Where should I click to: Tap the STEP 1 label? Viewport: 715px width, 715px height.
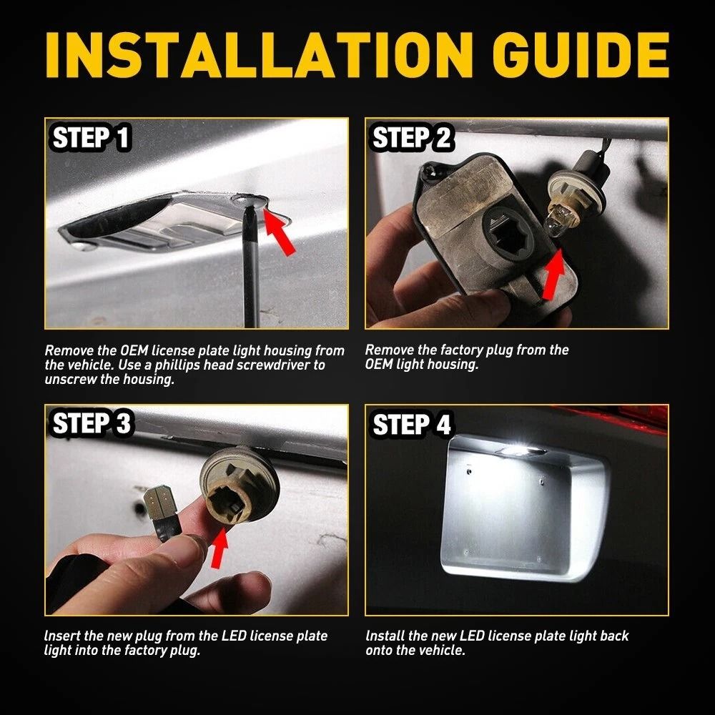[x=92, y=139]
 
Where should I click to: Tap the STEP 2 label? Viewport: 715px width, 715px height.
[x=412, y=139]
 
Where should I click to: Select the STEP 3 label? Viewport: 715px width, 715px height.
[x=92, y=424]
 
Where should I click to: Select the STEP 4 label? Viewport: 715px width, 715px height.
[x=412, y=425]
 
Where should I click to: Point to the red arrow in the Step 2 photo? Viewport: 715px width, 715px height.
[x=554, y=275]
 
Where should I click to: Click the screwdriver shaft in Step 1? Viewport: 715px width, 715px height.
[x=250, y=279]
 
